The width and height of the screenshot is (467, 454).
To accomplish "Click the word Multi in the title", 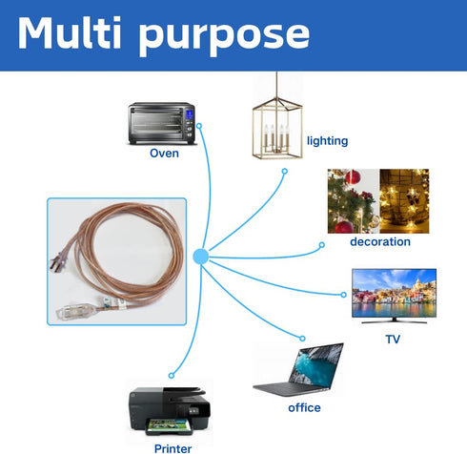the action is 70,33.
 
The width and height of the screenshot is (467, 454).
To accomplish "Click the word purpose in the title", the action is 224,37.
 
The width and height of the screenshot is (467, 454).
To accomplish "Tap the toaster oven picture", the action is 161,123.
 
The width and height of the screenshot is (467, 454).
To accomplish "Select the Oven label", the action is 164,154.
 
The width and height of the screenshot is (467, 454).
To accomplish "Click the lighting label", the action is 327,140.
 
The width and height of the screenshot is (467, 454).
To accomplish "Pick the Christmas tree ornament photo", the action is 354,201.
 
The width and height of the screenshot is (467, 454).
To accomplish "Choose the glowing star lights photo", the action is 404,201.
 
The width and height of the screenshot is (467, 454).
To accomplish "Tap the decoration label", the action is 380,242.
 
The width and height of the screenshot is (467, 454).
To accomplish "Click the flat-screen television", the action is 394,296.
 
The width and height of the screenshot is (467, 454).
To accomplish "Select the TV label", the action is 393,340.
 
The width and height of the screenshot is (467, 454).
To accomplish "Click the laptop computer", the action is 298,369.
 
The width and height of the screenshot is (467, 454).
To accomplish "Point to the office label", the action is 304,407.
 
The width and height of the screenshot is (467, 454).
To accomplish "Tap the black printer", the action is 170,411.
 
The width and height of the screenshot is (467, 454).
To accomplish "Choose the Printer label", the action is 173,448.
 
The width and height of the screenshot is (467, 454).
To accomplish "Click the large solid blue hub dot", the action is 201,257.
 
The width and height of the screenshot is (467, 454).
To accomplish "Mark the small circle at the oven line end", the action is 199,126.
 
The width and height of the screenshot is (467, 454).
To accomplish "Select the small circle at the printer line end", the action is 172,376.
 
